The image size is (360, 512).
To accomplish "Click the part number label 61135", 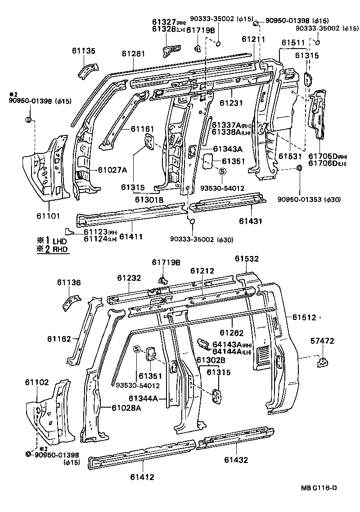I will [x=84, y=51].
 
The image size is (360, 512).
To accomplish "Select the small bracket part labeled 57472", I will [x=322, y=361].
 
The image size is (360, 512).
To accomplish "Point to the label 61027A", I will [x=112, y=170].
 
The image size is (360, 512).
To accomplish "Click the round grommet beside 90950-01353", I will [x=298, y=169].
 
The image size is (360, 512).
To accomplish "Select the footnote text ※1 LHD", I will [x=53, y=242].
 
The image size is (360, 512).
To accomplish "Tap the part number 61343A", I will [x=227, y=149].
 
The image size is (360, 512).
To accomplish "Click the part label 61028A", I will [x=127, y=408].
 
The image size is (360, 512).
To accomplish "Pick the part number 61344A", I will [x=143, y=398].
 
